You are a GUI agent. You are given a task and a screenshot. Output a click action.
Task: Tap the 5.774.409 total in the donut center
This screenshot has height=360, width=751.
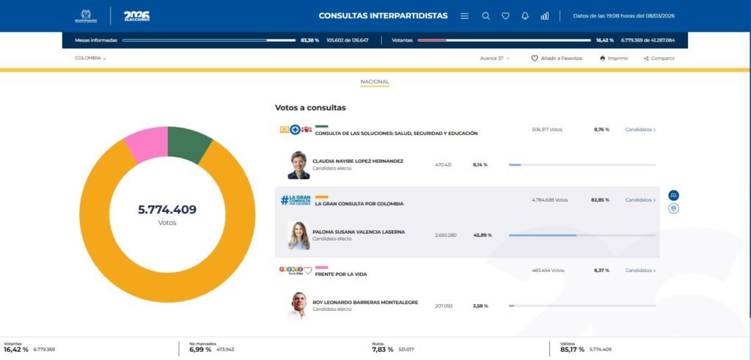coord(167,210)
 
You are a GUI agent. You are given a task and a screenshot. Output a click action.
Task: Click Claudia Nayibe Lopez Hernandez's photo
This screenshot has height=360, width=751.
coord(299,165)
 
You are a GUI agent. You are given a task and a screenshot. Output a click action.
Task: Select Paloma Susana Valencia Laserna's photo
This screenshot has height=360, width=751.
coord(299,235)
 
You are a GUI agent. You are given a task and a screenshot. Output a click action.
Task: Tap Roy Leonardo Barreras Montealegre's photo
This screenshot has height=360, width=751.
coord(299,306)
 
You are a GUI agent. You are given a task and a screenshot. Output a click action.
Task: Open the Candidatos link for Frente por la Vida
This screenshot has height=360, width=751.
coord(640,271)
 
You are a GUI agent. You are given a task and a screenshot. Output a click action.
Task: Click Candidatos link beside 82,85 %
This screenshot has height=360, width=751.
coord(640,199)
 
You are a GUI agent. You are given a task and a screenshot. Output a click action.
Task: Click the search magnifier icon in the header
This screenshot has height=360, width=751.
coord(486,16)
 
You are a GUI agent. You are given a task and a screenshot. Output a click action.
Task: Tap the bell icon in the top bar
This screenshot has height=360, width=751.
coord(525,16)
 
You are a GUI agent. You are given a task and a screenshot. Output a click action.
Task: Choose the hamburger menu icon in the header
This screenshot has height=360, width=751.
coord(464,16)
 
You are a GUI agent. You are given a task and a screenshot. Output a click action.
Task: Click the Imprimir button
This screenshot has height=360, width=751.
coord(614,58)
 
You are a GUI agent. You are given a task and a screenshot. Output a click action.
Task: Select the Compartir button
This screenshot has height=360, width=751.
coord(659,58)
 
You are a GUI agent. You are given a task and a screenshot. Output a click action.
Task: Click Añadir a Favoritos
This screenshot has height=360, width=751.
coord(557,58)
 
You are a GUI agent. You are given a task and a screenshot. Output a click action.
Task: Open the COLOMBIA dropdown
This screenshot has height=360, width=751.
coord(90,58)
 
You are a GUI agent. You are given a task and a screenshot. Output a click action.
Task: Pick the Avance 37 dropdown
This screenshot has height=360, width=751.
coord(494,58)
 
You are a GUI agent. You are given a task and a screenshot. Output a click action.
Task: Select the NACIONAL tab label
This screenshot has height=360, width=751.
coord(375,81)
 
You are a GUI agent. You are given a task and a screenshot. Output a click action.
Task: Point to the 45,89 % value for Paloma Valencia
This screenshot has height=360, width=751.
coord(482,235)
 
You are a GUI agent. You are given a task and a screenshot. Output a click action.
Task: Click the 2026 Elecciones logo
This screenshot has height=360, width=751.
coord(136,15)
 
